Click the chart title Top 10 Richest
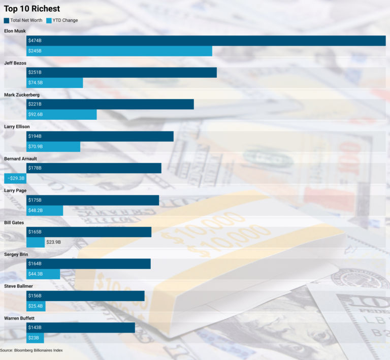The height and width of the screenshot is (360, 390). (x=32, y=9)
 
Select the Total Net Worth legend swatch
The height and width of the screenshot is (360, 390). (x=7, y=20)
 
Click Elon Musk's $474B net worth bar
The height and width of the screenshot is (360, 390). (x=206, y=41)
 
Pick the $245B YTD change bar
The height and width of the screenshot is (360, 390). (x=119, y=51)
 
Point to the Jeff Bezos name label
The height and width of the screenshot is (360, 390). (x=15, y=63)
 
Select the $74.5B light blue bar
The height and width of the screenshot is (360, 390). (x=54, y=83)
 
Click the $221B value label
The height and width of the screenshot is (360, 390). (x=35, y=104)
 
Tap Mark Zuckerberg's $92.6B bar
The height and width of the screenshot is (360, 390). (x=61, y=115)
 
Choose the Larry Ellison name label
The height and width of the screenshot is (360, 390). (x=17, y=126)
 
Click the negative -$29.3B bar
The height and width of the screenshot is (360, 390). (x=15, y=178)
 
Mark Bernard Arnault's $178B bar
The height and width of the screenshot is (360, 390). (x=94, y=168)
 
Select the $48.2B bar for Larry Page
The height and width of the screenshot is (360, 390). (x=45, y=210)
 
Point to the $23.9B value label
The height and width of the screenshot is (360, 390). (x=53, y=242)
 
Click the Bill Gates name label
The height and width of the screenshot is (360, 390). (x=14, y=222)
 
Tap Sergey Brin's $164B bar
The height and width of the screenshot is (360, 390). (x=89, y=264)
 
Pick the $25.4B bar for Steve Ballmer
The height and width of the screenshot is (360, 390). (x=36, y=306)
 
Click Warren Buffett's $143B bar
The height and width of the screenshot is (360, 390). (x=81, y=328)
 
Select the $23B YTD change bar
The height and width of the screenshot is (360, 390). (x=35, y=338)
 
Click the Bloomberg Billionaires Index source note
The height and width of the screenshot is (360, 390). (x=31, y=350)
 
